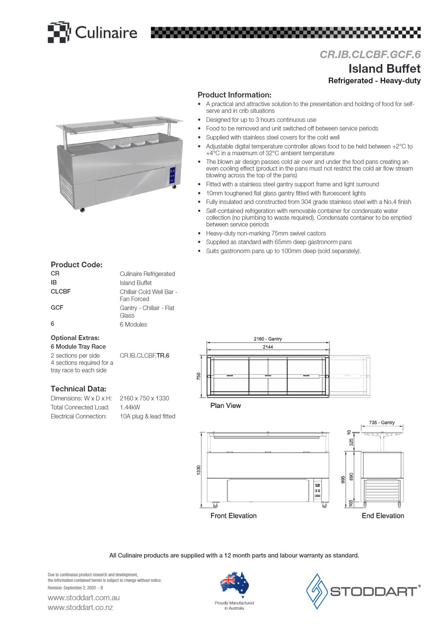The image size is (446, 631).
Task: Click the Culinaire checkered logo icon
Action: [59, 32]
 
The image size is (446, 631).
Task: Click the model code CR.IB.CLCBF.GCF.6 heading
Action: [370, 54]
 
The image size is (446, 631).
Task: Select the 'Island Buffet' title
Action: [384, 69]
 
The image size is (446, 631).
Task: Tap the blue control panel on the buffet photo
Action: [172, 176]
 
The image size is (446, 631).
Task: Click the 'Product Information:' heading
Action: [234, 95]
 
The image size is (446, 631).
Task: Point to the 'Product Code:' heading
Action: [76, 265]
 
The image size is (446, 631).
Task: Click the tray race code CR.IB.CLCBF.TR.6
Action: [145, 356]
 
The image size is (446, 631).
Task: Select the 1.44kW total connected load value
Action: [130, 407]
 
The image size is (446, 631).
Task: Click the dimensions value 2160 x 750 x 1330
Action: [144, 398]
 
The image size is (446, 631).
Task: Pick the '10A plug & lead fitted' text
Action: [147, 416]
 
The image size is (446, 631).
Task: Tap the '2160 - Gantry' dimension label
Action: [268, 339]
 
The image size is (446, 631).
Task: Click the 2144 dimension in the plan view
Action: [268, 347]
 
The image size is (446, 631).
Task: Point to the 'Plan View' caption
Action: [225, 406]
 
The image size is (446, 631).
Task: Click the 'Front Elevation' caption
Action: [233, 516]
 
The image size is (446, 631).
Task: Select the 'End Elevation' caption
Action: [383, 516]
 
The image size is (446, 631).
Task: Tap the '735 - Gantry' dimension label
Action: [382, 422]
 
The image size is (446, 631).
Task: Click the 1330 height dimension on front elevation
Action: [198, 470]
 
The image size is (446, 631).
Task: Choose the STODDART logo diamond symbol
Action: [317, 591]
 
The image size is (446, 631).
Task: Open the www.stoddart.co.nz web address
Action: [80, 607]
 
